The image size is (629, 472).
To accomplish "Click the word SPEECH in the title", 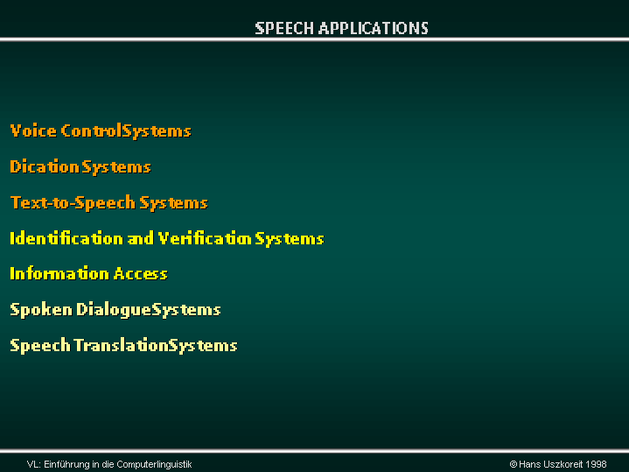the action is pyautogui.click(x=284, y=29).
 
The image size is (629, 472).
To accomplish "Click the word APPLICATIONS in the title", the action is pyautogui.click(x=374, y=29).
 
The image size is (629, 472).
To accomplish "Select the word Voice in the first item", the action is pyautogui.click(x=33, y=131).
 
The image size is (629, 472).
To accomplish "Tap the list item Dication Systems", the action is pyautogui.click(x=80, y=167).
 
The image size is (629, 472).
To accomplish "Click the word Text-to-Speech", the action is pyautogui.click(x=73, y=203).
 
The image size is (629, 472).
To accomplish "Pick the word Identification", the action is pyautogui.click(x=66, y=238).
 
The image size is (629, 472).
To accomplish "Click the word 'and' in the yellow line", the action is pyautogui.click(x=140, y=238).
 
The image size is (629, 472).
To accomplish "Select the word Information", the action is pyautogui.click(x=59, y=273).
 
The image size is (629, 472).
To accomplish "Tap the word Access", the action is pyautogui.click(x=140, y=274).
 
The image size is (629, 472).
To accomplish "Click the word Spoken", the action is pyautogui.click(x=41, y=310).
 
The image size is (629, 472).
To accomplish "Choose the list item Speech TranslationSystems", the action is pyautogui.click(x=123, y=346).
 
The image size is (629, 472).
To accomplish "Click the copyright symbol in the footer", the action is pyautogui.click(x=513, y=464).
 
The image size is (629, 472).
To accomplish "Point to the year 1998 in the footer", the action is pyautogui.click(x=596, y=464).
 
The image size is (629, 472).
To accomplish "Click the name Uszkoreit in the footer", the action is pyautogui.click(x=563, y=464).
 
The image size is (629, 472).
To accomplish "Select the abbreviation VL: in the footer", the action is pyautogui.click(x=34, y=465).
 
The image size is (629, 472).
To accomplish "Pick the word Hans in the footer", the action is pyautogui.click(x=529, y=464).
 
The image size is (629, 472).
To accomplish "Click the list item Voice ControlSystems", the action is pyautogui.click(x=101, y=131).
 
